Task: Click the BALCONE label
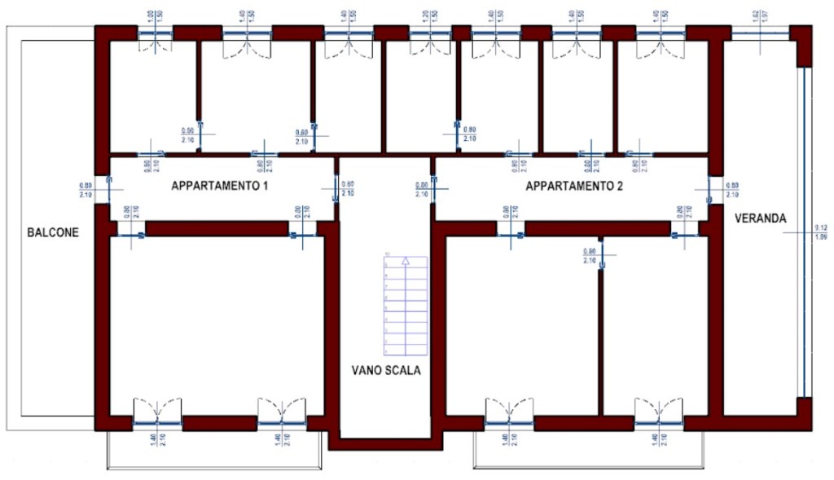point(53,232)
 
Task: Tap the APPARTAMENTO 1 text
point(220,186)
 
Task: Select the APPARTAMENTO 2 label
point(574,186)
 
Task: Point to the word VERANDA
point(760,218)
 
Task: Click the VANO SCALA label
point(386,370)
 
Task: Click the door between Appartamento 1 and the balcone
point(103,188)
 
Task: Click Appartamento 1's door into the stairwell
point(335,188)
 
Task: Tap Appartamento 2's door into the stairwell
point(434,188)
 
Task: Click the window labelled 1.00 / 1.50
point(155,33)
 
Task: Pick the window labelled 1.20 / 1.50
point(430,33)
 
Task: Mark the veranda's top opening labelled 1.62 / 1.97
point(760,33)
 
